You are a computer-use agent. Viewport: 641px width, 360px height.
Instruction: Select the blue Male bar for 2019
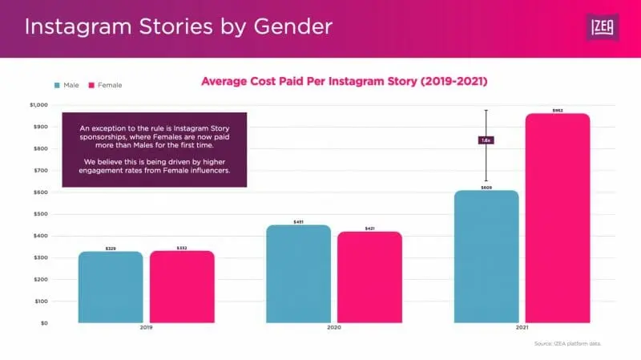coord(111,288)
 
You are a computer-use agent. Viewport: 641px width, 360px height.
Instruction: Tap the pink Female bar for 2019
coord(182,287)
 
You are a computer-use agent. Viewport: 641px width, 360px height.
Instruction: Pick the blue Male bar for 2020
coord(298,274)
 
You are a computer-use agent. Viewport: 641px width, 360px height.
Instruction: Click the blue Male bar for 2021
coord(486,257)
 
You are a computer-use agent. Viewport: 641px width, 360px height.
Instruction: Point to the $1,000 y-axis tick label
coord(38,105)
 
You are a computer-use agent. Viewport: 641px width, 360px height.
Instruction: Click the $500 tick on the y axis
coord(40,214)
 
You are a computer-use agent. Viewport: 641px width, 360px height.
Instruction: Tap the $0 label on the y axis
coord(44,323)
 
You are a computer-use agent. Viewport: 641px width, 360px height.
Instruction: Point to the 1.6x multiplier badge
coord(486,140)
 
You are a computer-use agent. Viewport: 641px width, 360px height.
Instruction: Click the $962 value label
coord(558,110)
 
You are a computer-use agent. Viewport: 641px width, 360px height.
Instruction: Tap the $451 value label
coord(298,221)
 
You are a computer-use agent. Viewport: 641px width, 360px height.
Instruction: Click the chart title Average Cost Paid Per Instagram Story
coord(344,82)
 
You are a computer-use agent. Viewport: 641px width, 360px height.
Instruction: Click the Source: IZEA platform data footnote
coord(566,343)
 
